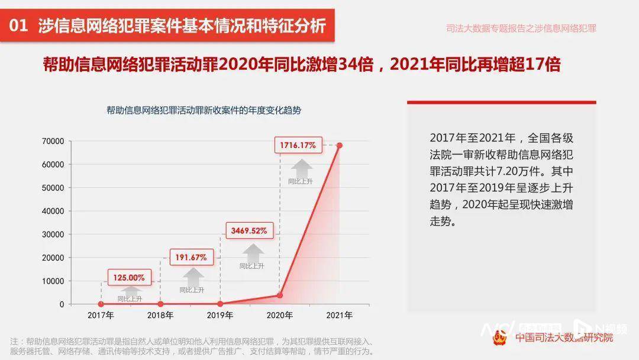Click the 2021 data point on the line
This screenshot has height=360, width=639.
[x=339, y=145]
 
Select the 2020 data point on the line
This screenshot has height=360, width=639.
[x=280, y=295]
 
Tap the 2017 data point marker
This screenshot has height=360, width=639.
[x=101, y=304]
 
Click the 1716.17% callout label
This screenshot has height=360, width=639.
[x=298, y=144]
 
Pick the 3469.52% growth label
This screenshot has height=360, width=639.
[x=249, y=230]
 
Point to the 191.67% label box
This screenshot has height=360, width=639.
[x=191, y=257]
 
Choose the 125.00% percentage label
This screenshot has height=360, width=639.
[x=130, y=277]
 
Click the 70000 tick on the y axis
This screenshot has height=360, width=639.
[x=53, y=141]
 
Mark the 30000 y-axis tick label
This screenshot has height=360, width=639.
[x=53, y=234]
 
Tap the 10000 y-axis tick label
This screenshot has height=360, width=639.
[x=53, y=281]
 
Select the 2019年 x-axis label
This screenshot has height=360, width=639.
[x=220, y=316]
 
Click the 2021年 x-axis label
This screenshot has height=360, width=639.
[x=339, y=316]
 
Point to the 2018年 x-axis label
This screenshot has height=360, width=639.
[x=160, y=316]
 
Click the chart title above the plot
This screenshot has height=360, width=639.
[x=204, y=110]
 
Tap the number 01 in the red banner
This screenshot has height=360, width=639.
[x=20, y=26]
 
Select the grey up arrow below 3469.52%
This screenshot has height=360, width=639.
[x=252, y=253]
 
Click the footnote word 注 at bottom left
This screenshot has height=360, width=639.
[x=14, y=342]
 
